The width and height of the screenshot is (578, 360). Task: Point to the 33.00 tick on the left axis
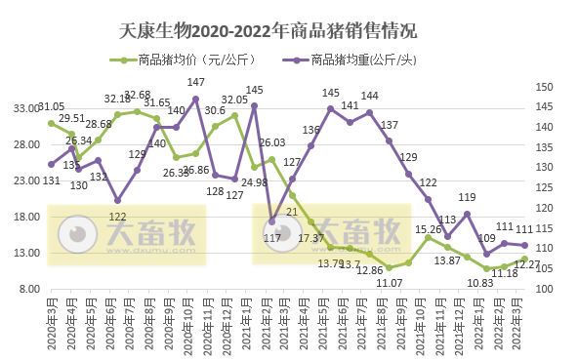(x=25, y=109)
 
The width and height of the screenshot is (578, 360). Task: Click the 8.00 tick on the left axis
(x=28, y=289)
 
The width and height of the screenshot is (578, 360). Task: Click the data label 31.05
(x=51, y=106)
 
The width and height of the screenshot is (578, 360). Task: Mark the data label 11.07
(x=390, y=282)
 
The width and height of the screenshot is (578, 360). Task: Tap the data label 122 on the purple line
(x=117, y=217)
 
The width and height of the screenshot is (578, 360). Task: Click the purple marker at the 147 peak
(x=196, y=99)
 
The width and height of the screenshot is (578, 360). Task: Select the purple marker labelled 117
(x=271, y=221)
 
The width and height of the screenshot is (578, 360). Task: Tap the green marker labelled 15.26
(x=428, y=237)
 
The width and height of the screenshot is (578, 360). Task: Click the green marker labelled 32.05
(x=234, y=115)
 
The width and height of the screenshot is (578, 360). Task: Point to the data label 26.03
(x=272, y=142)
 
